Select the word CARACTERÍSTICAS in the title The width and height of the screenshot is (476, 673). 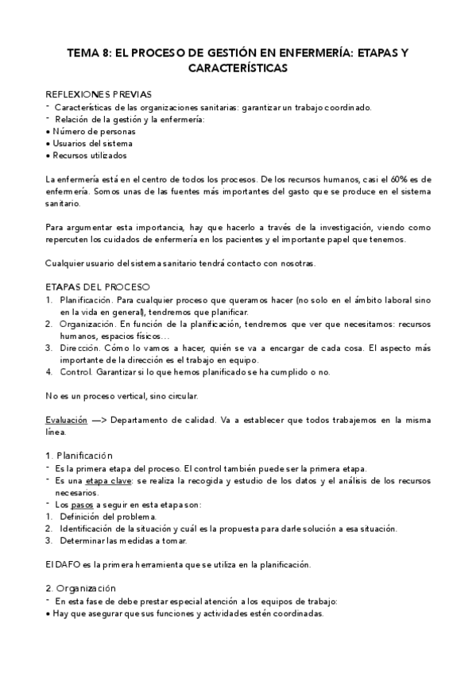pyautogui.click(x=238, y=68)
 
